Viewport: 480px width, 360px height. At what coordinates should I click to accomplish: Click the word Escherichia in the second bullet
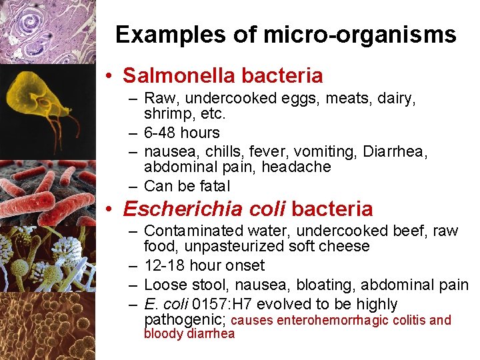tap(182, 209)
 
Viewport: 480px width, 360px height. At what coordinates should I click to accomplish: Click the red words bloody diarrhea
tap(189, 334)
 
